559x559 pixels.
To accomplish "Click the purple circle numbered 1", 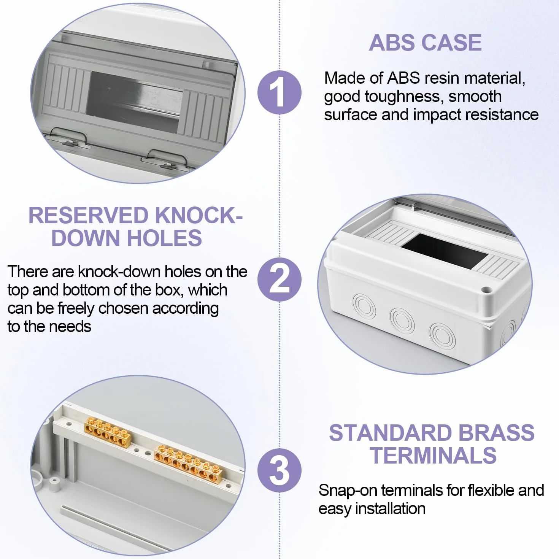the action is click(x=279, y=92).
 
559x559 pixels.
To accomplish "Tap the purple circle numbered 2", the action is click(x=279, y=279).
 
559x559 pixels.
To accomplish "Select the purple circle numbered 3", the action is click(x=279, y=470).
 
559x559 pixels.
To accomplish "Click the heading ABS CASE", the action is click(x=425, y=43).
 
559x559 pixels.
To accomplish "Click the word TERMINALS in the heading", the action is click(x=434, y=456).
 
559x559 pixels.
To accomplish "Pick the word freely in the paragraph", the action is click(x=76, y=308).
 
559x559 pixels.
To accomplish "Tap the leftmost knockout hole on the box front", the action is click(x=364, y=306).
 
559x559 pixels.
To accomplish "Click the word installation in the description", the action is click(x=390, y=508).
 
